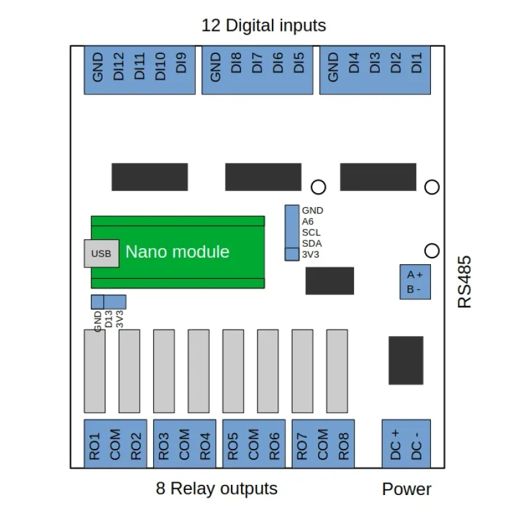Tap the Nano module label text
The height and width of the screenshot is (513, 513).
click(177, 251)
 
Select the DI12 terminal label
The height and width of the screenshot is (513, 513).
click(118, 67)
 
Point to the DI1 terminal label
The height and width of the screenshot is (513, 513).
click(417, 63)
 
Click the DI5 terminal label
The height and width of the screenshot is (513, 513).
click(298, 63)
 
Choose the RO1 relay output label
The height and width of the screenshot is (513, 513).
click(95, 446)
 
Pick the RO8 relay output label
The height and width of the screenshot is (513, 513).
click(344, 446)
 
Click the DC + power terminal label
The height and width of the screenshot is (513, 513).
click(395, 442)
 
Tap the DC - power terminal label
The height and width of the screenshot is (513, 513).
click(417, 442)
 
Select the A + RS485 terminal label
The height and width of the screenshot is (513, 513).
click(414, 274)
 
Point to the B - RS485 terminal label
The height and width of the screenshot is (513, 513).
click(414, 289)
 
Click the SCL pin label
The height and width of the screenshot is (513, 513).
click(311, 232)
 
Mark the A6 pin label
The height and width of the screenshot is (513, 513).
click(308, 221)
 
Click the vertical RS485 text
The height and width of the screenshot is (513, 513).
click(465, 282)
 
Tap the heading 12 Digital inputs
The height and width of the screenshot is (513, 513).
click(264, 26)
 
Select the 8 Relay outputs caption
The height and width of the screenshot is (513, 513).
click(217, 489)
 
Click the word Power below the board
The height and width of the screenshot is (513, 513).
click(407, 489)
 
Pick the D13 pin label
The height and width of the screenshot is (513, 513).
click(108, 319)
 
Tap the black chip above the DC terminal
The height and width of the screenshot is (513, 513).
click(406, 360)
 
